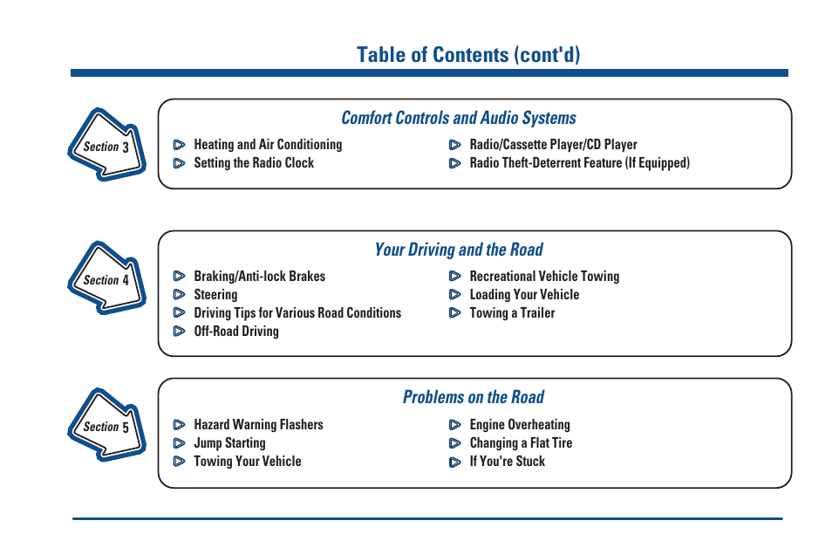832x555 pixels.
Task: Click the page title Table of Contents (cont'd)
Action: point(468,55)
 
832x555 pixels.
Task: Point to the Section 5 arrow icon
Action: point(106,426)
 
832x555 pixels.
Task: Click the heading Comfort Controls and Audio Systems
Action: point(459,118)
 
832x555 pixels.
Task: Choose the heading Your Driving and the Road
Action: point(459,250)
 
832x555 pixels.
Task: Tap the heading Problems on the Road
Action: point(473,397)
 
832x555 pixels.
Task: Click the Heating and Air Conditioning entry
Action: point(268,145)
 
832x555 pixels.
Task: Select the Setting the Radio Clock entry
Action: point(254,163)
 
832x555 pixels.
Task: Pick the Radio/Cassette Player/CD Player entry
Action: point(553,145)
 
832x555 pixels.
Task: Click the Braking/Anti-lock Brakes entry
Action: point(259,277)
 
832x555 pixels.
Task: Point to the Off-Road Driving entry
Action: point(236,332)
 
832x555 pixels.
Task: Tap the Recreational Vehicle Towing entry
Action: point(544,277)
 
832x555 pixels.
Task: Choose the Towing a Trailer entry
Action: point(512,313)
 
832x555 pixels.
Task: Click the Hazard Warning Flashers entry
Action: point(258,425)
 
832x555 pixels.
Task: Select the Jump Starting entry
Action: point(229,443)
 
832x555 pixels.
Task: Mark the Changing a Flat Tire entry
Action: point(521,443)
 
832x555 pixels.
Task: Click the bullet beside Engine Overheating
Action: point(454,425)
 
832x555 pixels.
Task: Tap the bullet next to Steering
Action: point(179,295)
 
